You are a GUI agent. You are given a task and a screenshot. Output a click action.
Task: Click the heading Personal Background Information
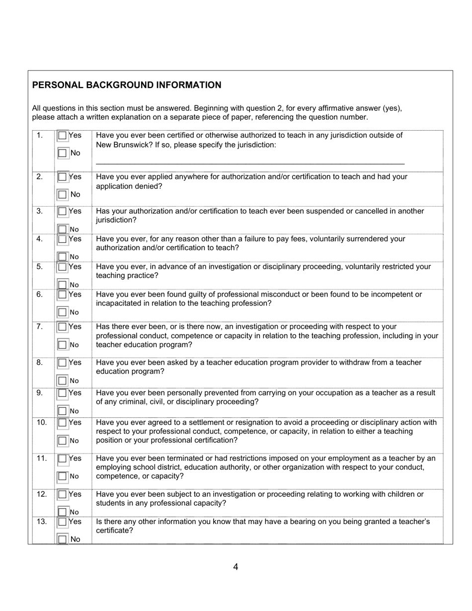[127, 85]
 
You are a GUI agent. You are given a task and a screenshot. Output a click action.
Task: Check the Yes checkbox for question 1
[62, 136]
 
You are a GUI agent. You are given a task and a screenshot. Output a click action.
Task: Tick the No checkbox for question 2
[62, 194]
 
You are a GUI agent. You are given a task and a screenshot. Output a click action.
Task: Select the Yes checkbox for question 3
[62, 211]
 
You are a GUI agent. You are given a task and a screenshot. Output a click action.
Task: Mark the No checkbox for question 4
[62, 257]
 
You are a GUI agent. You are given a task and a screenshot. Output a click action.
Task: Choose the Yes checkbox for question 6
[62, 295]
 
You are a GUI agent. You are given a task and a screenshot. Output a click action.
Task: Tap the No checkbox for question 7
[62, 344]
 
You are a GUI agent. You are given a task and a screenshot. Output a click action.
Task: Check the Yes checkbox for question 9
[62, 393]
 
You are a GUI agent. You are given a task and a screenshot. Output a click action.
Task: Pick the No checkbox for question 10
[62, 441]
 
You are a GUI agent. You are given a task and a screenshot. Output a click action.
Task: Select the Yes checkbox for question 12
[62, 494]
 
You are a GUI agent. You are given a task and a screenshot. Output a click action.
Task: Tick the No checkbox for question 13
[62, 539]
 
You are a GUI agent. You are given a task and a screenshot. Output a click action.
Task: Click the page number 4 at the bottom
[236, 567]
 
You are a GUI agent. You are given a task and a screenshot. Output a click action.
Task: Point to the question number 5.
[40, 267]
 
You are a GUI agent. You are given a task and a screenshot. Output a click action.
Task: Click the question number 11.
[42, 458]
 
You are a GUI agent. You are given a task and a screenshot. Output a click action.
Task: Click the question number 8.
[40, 363]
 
